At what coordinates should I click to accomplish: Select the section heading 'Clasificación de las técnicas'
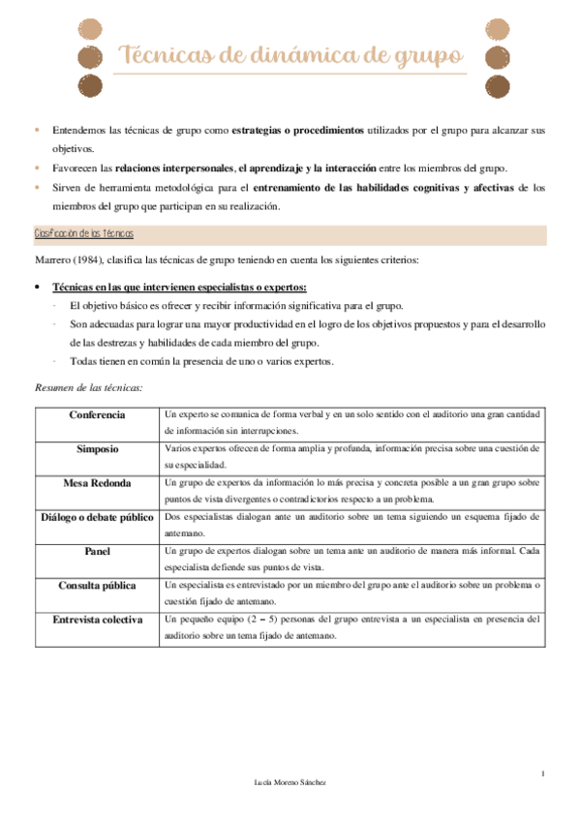coord(83,235)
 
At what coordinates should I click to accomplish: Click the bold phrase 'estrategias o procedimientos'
coord(298,130)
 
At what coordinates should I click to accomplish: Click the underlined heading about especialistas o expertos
coord(179,288)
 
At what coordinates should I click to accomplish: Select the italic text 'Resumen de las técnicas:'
coord(88,387)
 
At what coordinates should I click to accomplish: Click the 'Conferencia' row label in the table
coord(97,415)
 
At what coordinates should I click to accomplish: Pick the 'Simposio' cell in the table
coord(97,449)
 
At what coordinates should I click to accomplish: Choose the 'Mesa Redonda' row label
coord(97,482)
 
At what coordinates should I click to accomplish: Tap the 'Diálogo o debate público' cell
coord(97,517)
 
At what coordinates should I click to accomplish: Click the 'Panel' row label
coord(97,551)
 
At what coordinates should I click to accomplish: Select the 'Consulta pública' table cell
coord(97,585)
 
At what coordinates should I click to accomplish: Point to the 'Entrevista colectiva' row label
coord(97,619)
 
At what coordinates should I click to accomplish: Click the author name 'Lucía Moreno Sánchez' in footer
coord(290,781)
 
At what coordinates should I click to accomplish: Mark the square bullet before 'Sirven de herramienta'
coord(37,187)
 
